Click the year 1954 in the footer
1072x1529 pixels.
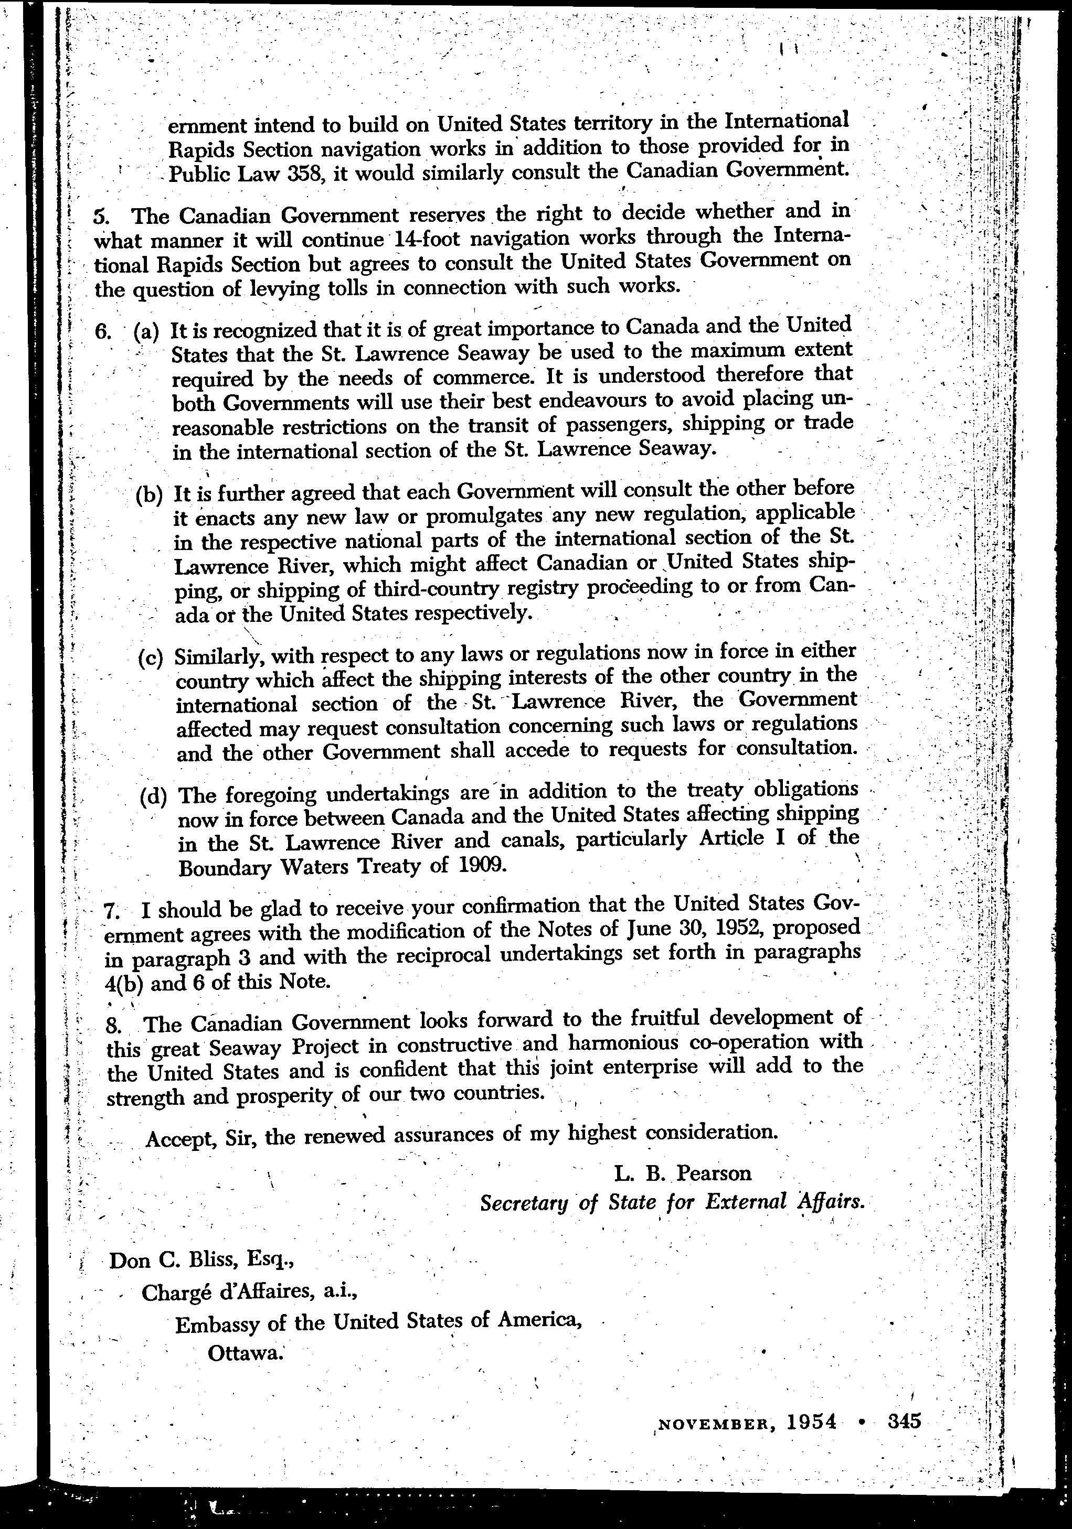(x=811, y=1422)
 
